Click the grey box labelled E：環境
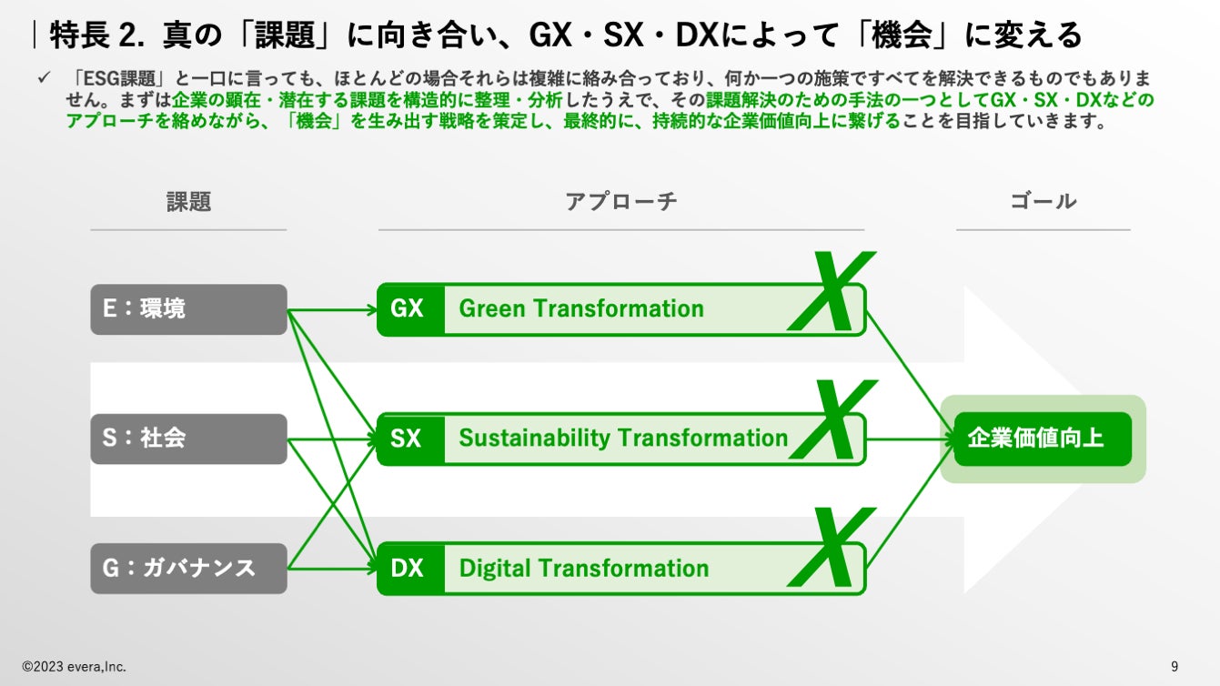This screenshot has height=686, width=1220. coord(188,309)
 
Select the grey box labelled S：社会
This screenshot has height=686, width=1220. coord(188,439)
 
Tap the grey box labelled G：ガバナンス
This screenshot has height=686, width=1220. coord(188,569)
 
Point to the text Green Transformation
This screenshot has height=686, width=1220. coord(581,309)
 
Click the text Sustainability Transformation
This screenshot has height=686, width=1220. coord(623,439)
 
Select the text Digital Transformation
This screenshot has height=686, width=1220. coord(583,569)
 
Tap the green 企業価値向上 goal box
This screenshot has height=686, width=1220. coord(1043,439)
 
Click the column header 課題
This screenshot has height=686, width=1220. coord(188,202)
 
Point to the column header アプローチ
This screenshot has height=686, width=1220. coord(621,202)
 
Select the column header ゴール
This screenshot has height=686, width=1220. coord(1043,202)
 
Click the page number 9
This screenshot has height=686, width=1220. coord(1175,666)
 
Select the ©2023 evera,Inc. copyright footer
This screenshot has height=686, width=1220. coord(75,667)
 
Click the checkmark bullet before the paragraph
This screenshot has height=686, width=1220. coord(43,79)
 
